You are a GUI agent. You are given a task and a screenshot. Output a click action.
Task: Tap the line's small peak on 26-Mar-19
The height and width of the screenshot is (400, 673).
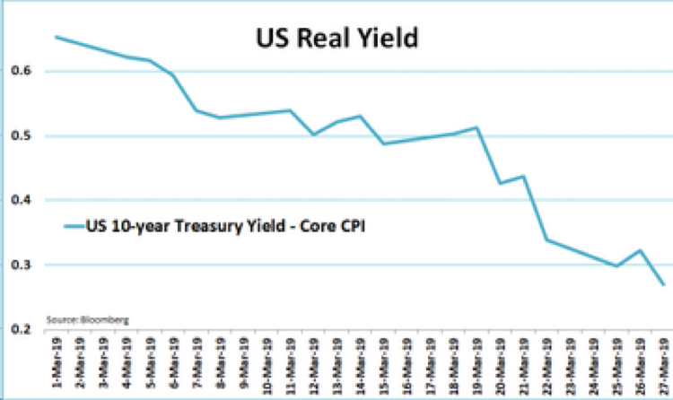click(639, 250)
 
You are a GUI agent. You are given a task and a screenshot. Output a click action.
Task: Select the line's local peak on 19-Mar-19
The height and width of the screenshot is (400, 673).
click(476, 127)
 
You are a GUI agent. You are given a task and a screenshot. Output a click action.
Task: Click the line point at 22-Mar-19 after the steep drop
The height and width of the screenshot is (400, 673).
click(546, 239)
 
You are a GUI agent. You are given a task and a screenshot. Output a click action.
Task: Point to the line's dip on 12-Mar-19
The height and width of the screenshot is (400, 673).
click(313, 135)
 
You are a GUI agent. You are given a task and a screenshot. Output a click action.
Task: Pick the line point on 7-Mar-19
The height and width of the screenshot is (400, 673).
click(197, 110)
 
